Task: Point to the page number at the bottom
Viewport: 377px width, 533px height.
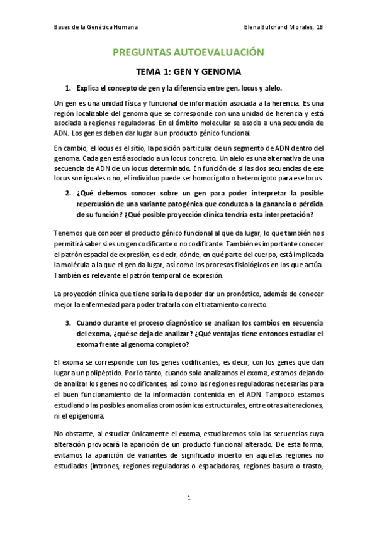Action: [188, 498]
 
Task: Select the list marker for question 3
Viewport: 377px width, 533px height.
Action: [67, 322]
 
